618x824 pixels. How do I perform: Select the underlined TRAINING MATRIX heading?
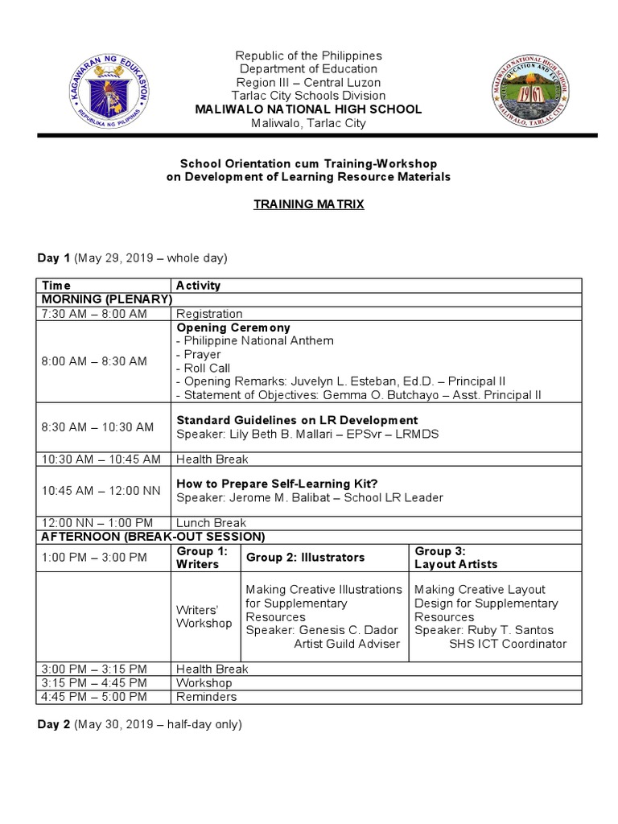point(309,204)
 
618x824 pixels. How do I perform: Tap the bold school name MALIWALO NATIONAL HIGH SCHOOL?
point(309,109)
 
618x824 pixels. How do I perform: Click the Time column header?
point(56,286)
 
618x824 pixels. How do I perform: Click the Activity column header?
point(198,286)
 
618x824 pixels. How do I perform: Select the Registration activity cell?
point(209,314)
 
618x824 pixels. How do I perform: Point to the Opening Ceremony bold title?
point(233,328)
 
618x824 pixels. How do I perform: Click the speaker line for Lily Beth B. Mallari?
point(308,434)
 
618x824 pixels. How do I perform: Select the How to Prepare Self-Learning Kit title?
point(277,484)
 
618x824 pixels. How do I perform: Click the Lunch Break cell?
point(212,523)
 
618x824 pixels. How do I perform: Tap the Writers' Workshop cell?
point(204,616)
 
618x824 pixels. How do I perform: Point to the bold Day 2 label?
point(54,724)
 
